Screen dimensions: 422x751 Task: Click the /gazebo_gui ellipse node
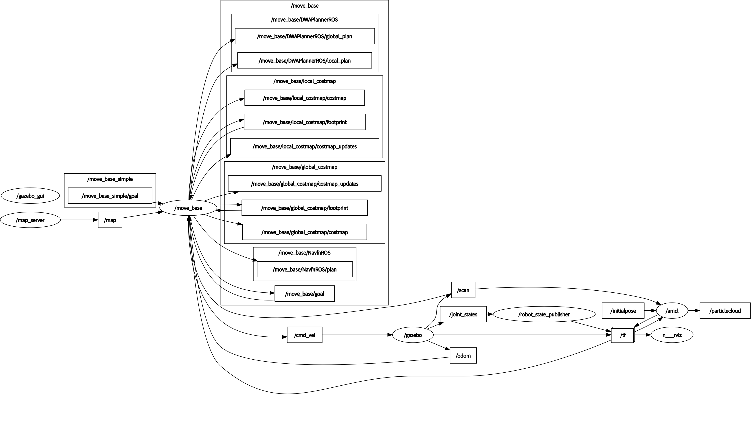(x=30, y=196)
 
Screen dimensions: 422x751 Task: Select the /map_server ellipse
(x=30, y=220)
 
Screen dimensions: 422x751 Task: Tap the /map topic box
(x=110, y=220)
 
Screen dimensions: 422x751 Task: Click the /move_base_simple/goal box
(x=110, y=196)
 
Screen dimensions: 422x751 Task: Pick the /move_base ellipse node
(x=188, y=208)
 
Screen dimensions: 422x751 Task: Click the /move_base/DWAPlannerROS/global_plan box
(x=304, y=36)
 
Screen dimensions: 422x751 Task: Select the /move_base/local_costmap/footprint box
(x=304, y=122)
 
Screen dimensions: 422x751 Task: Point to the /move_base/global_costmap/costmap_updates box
(x=304, y=183)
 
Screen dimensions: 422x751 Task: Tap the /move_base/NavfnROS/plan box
(x=304, y=269)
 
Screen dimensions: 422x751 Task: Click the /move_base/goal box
(x=304, y=293)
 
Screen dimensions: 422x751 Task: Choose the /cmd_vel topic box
(x=304, y=335)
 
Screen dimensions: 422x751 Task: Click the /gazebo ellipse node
(x=413, y=335)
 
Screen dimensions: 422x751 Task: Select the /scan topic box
(x=463, y=290)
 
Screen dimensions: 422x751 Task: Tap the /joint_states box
(x=463, y=314)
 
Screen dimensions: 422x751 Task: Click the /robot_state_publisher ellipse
(x=544, y=314)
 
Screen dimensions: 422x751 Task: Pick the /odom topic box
(x=463, y=356)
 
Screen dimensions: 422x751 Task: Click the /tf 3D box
(x=623, y=335)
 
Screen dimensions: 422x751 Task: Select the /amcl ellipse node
(x=672, y=311)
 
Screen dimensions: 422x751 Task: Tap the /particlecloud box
(x=725, y=311)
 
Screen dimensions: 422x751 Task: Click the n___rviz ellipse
(x=672, y=335)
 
